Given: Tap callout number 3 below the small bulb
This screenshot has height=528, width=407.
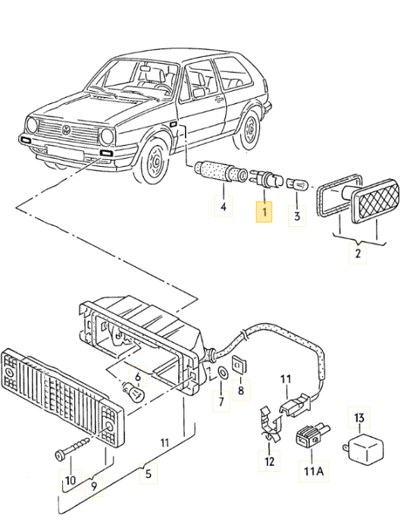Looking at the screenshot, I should click(298, 217).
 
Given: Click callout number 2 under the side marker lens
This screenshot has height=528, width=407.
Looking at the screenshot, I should click(357, 253).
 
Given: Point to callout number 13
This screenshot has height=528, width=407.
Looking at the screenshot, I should click(359, 416).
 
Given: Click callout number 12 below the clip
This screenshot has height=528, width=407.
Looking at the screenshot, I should click(270, 460).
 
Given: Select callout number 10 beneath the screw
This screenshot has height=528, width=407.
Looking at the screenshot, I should click(69, 481).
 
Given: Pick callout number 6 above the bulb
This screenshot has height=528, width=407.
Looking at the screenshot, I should click(137, 376).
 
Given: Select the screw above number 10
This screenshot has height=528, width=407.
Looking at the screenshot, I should click(74, 448).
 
